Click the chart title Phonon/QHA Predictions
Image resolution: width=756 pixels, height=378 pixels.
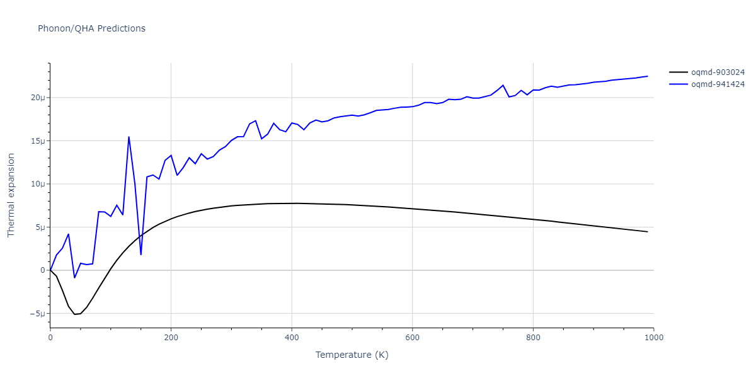[x=91, y=28]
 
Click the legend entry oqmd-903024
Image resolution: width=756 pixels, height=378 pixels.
[x=718, y=73]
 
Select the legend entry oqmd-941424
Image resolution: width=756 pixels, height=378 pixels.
[x=718, y=84]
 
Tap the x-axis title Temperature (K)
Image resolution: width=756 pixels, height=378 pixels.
[x=352, y=355]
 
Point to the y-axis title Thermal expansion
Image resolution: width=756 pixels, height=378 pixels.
[x=11, y=195]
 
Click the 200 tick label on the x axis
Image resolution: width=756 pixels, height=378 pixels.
[x=171, y=338]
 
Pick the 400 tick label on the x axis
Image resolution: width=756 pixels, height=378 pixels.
[x=292, y=338]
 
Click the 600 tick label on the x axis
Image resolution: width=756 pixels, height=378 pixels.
[x=412, y=338]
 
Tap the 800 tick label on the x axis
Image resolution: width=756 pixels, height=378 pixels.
[x=533, y=338]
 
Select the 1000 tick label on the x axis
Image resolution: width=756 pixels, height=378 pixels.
[x=653, y=338]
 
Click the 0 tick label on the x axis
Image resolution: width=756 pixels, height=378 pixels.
[x=50, y=338]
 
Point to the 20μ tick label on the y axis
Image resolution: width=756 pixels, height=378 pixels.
[x=37, y=98]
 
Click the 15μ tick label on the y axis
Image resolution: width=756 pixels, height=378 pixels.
[x=37, y=141]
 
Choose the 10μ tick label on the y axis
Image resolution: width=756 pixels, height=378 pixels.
[x=37, y=184]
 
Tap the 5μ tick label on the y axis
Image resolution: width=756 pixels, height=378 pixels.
[x=40, y=227]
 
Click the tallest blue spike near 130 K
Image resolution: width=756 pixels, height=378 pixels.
[x=129, y=137]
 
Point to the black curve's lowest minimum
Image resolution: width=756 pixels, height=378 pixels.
[x=75, y=314]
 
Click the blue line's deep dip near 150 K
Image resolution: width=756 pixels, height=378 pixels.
[x=140, y=255]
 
